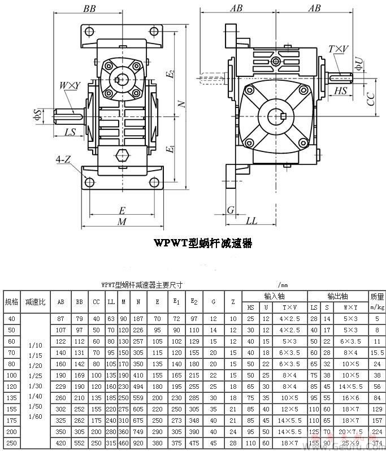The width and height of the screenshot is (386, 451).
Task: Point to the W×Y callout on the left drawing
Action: tap(70, 85)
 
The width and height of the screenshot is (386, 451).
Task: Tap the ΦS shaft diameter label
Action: tap(37, 115)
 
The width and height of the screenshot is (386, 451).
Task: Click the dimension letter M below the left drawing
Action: tap(122, 222)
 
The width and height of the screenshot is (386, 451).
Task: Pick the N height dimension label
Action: tap(181, 104)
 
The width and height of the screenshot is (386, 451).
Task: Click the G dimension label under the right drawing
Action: tap(230, 210)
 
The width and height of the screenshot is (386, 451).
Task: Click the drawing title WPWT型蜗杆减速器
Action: tap(203, 243)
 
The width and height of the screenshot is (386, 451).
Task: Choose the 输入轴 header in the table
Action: tap(274, 296)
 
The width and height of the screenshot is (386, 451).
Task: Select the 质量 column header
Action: tap(376, 296)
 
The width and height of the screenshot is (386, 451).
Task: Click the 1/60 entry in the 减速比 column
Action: tap(34, 417)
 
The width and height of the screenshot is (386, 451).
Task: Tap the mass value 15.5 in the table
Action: tap(376, 352)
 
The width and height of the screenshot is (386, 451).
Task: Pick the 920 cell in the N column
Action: tap(138, 443)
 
